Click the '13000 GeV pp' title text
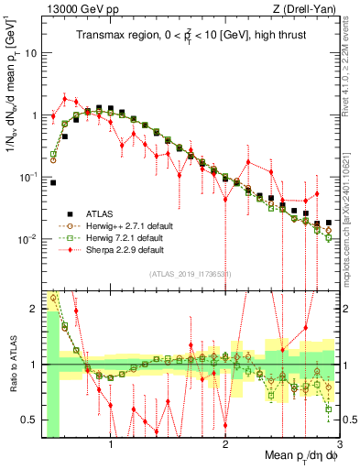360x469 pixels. (80, 8)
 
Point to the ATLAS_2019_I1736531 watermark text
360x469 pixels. (191, 274)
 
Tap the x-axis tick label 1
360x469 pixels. (111, 445)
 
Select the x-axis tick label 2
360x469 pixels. (225, 445)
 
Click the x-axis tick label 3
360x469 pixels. (339, 445)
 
